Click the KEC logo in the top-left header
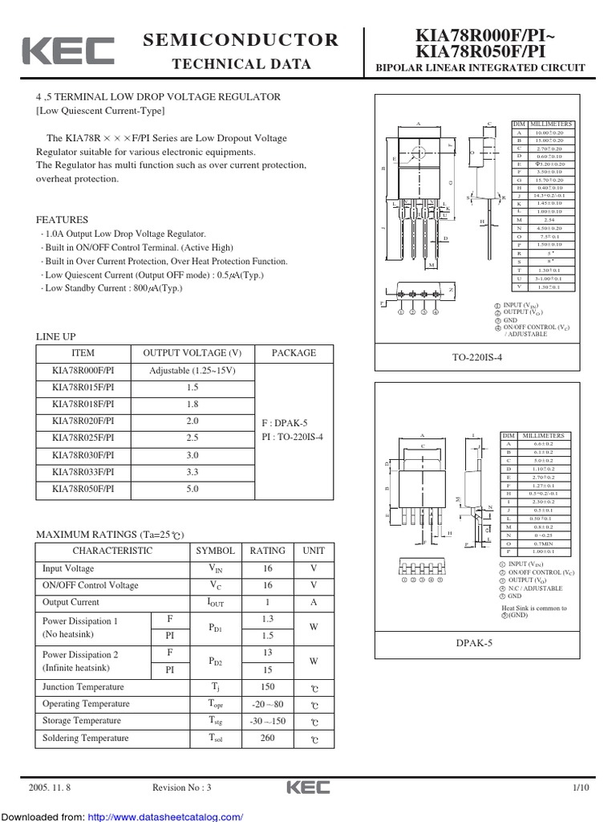pos(67,51)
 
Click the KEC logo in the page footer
pos(309,788)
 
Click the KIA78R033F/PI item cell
pos(83,472)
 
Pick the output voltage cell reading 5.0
pos(192,489)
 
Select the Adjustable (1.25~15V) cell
pos(192,371)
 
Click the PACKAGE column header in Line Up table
pos(294,353)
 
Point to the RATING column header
pos(267,551)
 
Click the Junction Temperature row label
pos(83,687)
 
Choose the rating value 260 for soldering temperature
pos(267,738)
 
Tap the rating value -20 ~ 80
pos(267,704)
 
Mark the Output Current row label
pos(71,602)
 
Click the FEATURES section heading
pos(63,220)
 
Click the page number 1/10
pos(580,788)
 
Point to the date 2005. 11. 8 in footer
pos(50,788)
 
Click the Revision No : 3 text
pos(180,788)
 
